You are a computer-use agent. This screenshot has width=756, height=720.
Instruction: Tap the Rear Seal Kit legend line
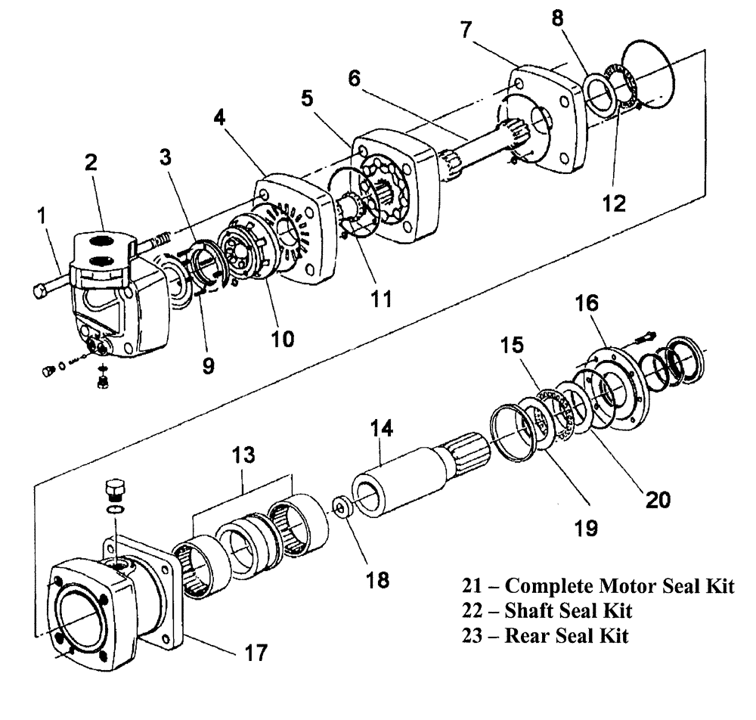point(545,635)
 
